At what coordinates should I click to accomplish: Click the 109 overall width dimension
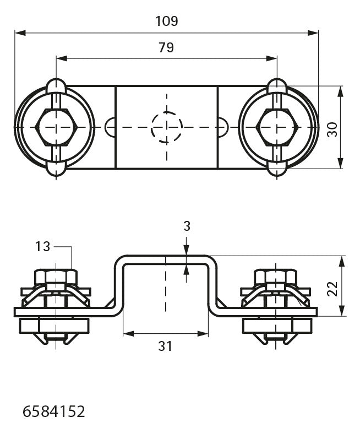click(x=167, y=21)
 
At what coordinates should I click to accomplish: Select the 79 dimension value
click(x=166, y=47)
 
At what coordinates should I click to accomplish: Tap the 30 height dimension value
click(x=332, y=129)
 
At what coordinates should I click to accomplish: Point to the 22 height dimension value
click(x=332, y=289)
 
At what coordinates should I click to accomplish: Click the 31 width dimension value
click(x=165, y=346)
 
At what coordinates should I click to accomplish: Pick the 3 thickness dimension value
click(x=187, y=226)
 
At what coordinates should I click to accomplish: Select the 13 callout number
click(x=42, y=246)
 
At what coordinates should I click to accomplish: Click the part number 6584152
click(x=53, y=412)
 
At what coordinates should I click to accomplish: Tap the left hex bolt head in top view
click(x=56, y=127)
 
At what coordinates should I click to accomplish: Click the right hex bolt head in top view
click(x=277, y=127)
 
